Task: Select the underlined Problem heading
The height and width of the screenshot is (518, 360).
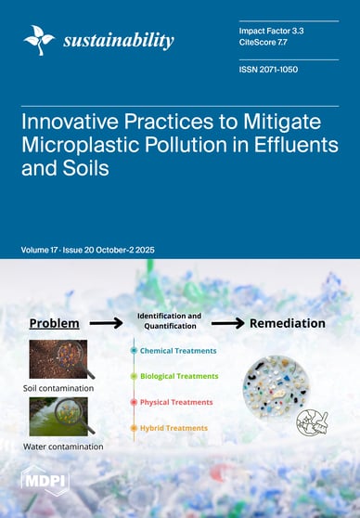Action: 53,323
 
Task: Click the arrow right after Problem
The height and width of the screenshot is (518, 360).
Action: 110,323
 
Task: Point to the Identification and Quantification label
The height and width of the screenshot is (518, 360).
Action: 169,321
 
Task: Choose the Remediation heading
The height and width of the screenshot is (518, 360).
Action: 287,323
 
